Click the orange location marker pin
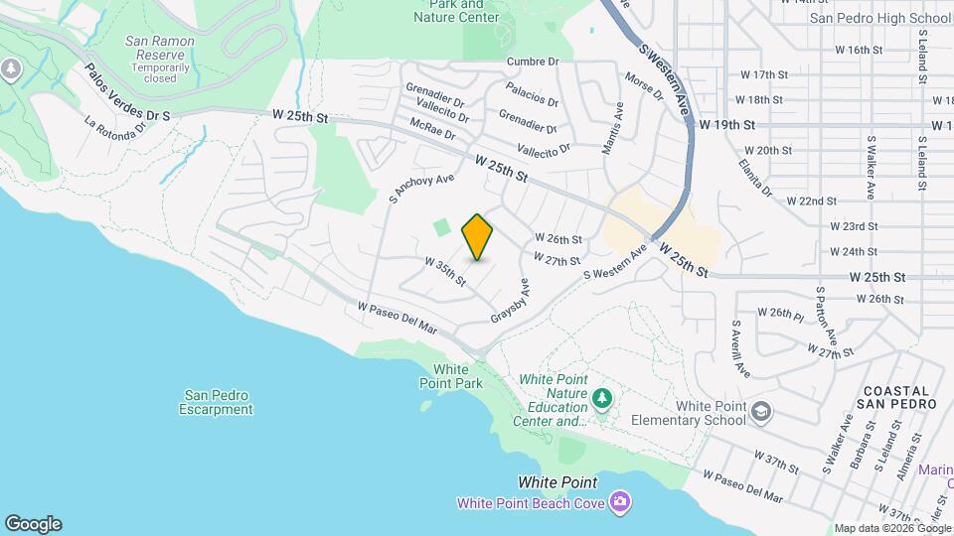pyautogui.click(x=478, y=237)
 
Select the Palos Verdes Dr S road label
pyautogui.click(x=127, y=94)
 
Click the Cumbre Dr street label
pyautogui.click(x=533, y=62)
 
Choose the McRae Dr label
pyautogui.click(x=430, y=129)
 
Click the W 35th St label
pyautogui.click(x=445, y=272)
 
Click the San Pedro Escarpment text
pyautogui.click(x=217, y=402)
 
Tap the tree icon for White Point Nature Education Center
pyautogui.click(x=601, y=399)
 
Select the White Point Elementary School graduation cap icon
pyautogui.click(x=761, y=412)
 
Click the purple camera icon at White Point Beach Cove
pyautogui.click(x=621, y=502)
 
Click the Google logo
pyautogui.click(x=33, y=524)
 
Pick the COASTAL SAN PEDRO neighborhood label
pyautogui.click(x=897, y=398)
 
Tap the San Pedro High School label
pyautogui.click(x=880, y=18)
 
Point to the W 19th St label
pyautogui.click(x=727, y=125)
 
